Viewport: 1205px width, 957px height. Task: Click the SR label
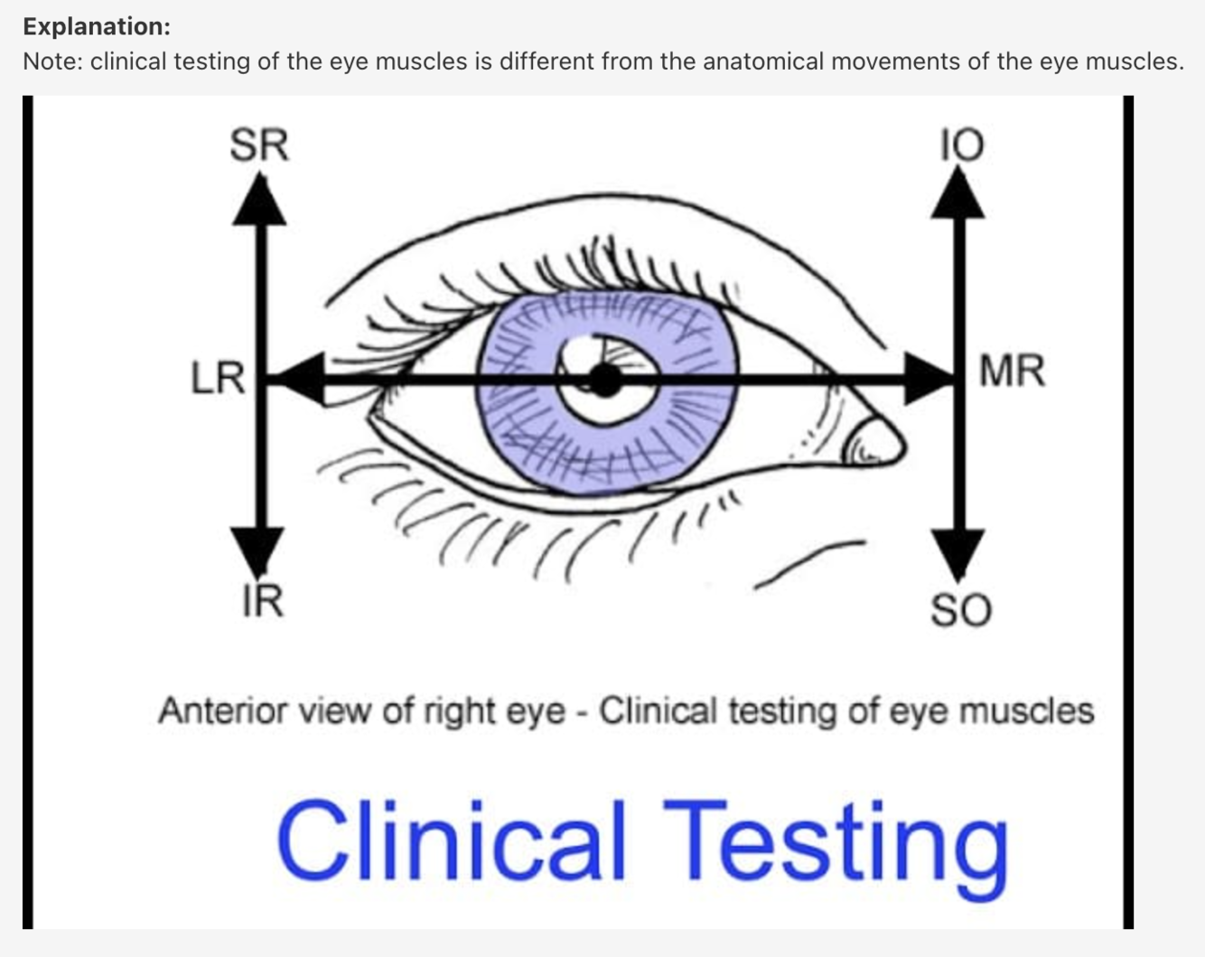tap(259, 145)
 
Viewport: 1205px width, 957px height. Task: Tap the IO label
tap(961, 145)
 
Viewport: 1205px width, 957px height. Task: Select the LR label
tap(218, 377)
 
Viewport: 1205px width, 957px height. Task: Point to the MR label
tap(1012, 371)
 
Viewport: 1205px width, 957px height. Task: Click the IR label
tap(262, 601)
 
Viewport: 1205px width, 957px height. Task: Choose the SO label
tap(961, 611)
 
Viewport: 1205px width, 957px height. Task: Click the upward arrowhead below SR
tap(259, 201)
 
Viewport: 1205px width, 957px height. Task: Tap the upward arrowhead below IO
tap(958, 194)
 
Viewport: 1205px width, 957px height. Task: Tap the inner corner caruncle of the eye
tap(873, 442)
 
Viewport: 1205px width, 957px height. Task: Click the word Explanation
tap(97, 26)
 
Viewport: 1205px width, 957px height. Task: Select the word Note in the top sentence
tap(49, 61)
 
